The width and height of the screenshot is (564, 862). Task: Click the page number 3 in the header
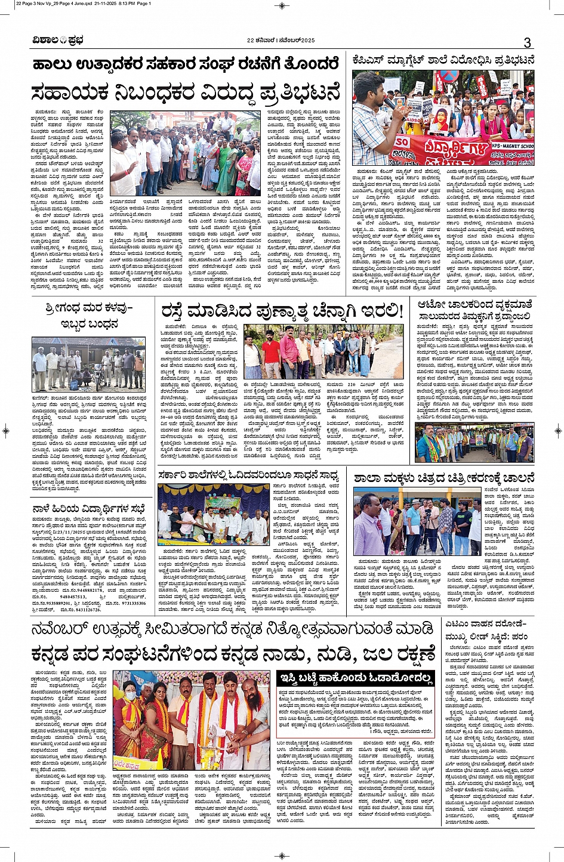(527, 42)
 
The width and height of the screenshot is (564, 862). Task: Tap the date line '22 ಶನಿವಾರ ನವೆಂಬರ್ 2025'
(280, 41)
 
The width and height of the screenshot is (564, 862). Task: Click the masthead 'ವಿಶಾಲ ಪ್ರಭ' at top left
(58, 41)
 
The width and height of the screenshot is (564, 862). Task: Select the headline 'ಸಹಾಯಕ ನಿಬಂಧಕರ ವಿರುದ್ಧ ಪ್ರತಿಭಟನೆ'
(186, 93)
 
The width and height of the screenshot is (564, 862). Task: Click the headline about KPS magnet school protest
(443, 61)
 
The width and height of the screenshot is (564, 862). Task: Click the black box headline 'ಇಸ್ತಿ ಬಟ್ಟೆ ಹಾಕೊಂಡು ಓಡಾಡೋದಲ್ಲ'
(356, 677)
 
